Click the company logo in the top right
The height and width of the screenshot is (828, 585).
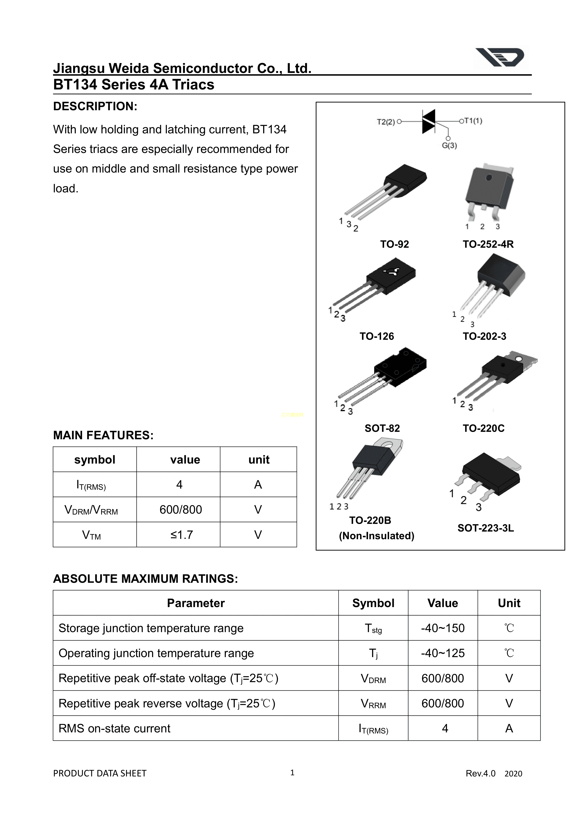point(500,58)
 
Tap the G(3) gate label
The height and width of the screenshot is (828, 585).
point(449,146)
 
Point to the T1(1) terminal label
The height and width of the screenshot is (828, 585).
point(473,121)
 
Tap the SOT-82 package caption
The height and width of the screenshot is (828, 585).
point(382,428)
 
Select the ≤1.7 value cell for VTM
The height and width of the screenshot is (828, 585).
point(182,535)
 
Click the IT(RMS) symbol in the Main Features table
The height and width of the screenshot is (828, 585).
point(91,485)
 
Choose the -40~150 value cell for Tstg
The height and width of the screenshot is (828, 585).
point(443,628)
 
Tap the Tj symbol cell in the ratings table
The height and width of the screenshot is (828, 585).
point(373,654)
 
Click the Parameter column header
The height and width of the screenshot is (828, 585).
point(196,603)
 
